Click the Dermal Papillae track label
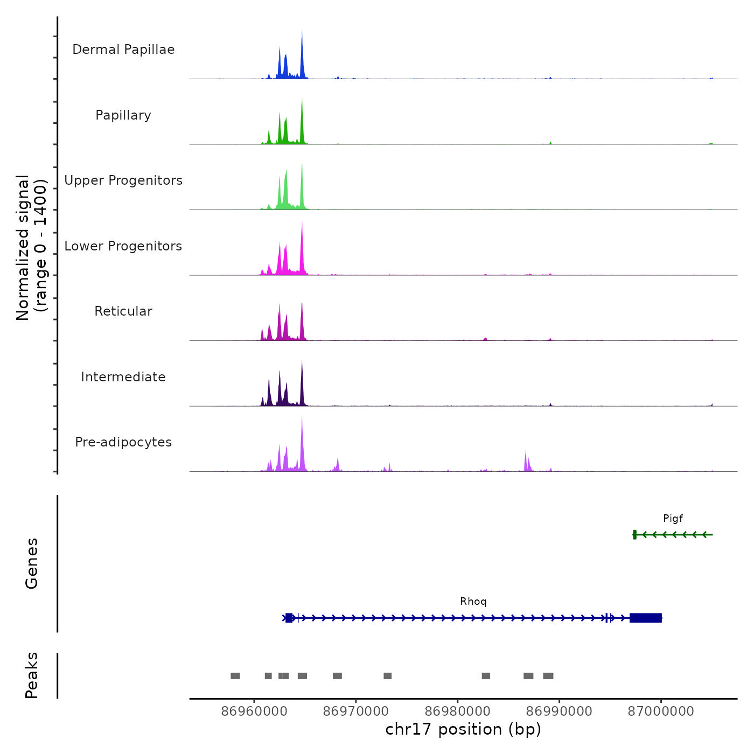(123, 50)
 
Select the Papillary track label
(123, 115)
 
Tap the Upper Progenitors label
(123, 180)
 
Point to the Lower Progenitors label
(123, 246)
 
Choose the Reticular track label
(123, 311)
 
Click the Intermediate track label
(123, 377)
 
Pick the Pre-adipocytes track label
(123, 442)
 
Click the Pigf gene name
(673, 519)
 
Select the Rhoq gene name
(473, 602)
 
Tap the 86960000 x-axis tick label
(254, 711)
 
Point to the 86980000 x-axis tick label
(458, 711)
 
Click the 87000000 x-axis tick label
(661, 711)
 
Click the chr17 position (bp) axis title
(463, 729)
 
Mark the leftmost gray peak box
(235, 676)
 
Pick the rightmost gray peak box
(548, 676)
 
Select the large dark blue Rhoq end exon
(646, 618)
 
